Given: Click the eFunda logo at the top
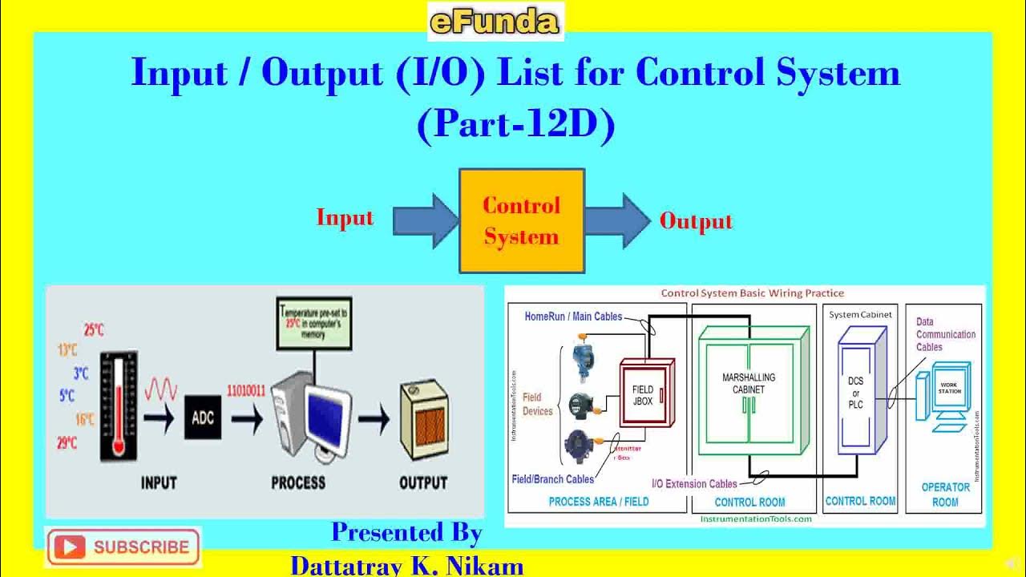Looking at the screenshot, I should click(495, 22).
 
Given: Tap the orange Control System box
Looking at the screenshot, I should click(521, 221).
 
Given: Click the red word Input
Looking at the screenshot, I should click(345, 218).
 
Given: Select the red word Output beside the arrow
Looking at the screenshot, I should click(696, 221).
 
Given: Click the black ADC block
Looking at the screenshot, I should click(203, 417).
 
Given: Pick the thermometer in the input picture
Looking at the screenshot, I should click(119, 406).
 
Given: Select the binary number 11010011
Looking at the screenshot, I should click(246, 391).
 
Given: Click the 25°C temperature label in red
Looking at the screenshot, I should click(94, 329).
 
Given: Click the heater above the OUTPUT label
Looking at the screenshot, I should click(422, 422).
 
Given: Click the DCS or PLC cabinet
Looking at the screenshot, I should click(856, 393).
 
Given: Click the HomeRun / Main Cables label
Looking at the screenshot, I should click(573, 317).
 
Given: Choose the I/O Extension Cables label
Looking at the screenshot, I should click(694, 483).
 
